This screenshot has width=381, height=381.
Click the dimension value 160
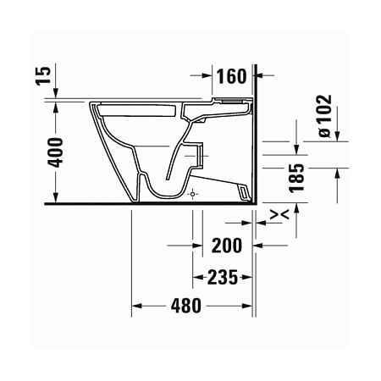click(231, 76)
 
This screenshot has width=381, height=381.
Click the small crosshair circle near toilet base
click(194, 193)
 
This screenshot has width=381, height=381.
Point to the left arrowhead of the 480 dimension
click(136, 306)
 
